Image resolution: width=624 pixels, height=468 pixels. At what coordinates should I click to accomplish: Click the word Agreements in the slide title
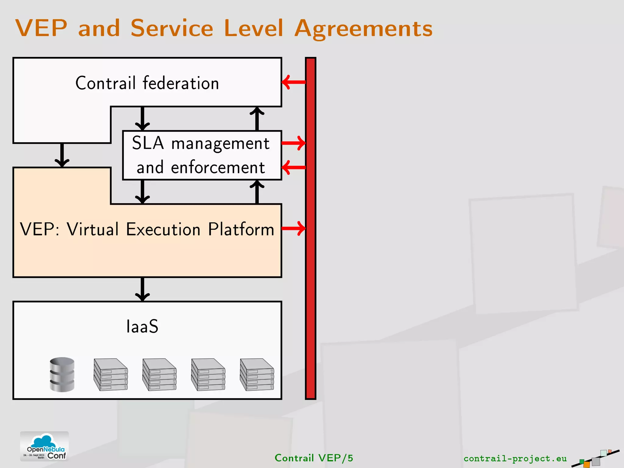point(363,29)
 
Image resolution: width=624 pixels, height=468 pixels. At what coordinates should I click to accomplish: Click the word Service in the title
point(172,28)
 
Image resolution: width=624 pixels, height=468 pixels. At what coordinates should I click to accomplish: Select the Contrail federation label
point(147,83)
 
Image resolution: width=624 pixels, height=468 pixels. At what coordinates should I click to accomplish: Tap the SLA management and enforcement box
point(202,155)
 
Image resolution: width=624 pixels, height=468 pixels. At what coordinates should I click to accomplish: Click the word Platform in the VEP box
point(241,229)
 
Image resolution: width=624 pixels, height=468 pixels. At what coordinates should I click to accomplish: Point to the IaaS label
point(142,327)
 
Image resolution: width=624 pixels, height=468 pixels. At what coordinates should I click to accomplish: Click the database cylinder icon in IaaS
point(62,374)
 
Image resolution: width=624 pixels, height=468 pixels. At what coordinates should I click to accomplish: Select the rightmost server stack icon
point(257,374)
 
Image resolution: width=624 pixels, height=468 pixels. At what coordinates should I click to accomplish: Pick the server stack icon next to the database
point(111,374)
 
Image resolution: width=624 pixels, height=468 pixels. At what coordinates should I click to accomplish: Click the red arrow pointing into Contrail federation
point(294,82)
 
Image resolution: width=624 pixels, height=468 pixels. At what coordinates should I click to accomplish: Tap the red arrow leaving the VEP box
point(294,229)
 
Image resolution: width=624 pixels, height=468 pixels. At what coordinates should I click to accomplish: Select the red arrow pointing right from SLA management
point(294,143)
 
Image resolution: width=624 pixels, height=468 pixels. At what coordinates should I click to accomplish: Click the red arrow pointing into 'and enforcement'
point(294,167)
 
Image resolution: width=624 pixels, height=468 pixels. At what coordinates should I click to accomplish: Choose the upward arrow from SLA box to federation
point(257,119)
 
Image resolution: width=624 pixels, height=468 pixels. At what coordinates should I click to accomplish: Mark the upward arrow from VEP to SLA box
point(257,192)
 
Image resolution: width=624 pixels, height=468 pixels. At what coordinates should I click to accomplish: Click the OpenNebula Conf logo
point(44,446)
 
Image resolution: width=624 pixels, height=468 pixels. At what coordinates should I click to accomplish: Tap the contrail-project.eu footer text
point(515,459)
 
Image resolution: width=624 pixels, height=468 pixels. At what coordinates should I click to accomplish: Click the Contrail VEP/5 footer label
point(314,458)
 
